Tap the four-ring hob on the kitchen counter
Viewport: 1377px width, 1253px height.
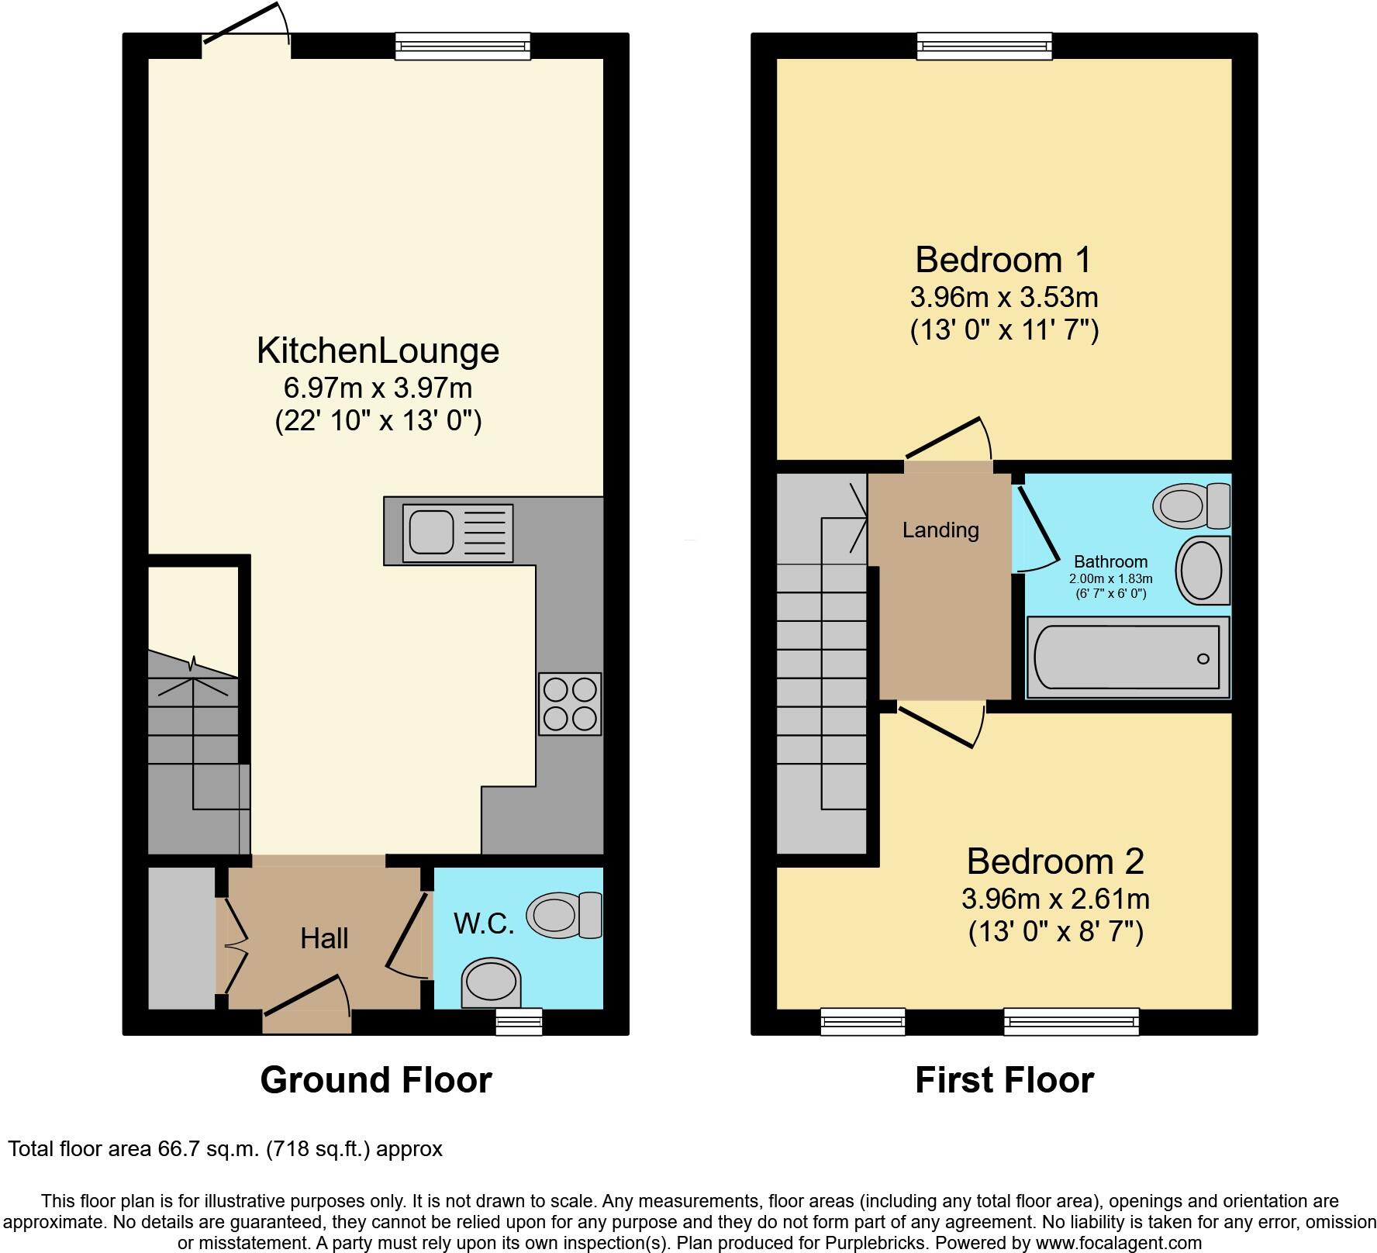pos(570,703)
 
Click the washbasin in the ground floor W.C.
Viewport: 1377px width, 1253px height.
pos(492,982)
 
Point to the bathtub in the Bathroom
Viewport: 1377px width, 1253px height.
pos(1128,658)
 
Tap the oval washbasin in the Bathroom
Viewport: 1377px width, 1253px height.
pos(1202,570)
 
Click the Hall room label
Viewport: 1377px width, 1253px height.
pos(324,939)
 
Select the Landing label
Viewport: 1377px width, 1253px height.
pos(940,530)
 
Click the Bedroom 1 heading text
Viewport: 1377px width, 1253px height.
pos(1003,260)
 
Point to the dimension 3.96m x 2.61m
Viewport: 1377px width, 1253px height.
pos(1055,899)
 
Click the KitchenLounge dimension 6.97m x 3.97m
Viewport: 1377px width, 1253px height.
pos(378,387)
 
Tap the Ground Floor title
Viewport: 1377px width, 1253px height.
pos(376,1080)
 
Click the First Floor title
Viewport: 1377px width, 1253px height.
pos(1004,1080)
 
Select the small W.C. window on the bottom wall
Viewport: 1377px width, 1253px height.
pos(519,1022)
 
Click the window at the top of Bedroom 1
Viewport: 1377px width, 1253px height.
pos(984,46)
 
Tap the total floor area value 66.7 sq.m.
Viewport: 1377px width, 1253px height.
pos(205,1148)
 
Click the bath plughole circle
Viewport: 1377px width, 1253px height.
pos(1203,659)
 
